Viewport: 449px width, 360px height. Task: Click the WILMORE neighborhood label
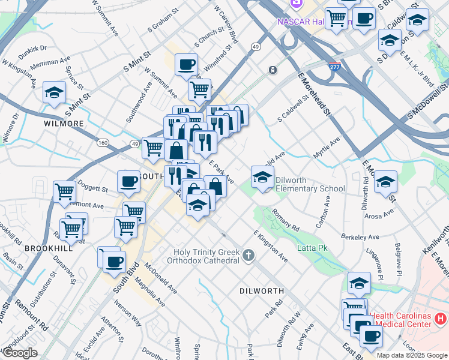pos(64,124)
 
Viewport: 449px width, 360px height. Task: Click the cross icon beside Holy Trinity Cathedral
pos(249,256)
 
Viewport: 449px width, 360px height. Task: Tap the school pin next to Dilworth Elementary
pos(262,178)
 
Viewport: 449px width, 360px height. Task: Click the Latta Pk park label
pos(312,247)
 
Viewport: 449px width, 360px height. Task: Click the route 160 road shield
pos(103,143)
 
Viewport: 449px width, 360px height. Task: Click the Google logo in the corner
pos(20,353)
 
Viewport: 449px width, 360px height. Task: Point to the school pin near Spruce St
pos(54,93)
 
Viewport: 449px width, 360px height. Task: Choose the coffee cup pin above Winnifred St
pos(186,64)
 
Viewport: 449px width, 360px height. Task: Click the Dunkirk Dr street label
pos(32,47)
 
